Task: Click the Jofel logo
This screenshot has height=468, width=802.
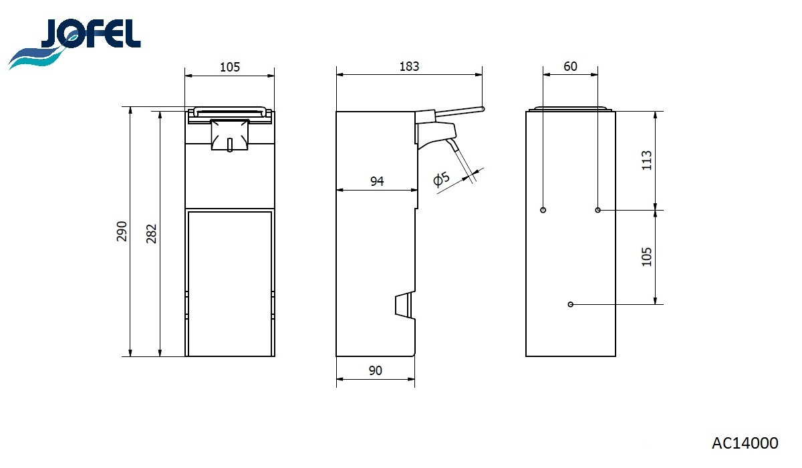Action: (74, 43)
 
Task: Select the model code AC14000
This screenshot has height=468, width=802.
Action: (745, 443)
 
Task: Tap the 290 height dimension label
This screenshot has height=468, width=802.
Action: (122, 231)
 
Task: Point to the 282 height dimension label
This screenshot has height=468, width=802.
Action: (151, 233)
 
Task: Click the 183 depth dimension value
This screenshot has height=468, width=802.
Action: (409, 66)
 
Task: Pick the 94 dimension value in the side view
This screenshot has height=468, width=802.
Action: (377, 181)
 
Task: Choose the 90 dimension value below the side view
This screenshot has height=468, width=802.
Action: (375, 370)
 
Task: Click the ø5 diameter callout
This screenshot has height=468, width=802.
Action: (441, 179)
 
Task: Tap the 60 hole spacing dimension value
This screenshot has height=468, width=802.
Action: (570, 66)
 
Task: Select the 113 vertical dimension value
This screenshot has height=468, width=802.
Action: (647, 160)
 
